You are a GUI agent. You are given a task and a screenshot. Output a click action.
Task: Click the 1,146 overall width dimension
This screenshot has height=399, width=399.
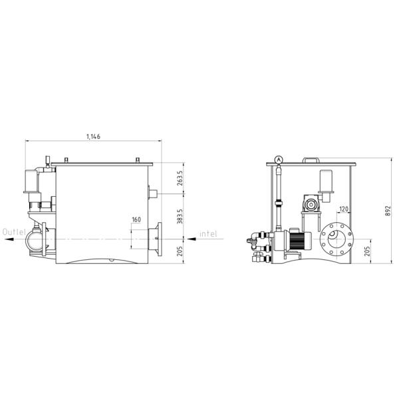[93, 136]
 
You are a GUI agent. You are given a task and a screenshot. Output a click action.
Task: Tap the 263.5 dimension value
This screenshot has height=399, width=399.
[180, 178]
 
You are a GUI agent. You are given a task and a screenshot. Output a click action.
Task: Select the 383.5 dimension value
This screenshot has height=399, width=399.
[180, 216]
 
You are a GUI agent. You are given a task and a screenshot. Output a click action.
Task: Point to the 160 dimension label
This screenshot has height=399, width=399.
[136, 219]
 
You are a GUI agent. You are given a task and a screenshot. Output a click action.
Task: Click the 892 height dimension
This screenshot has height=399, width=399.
[388, 211]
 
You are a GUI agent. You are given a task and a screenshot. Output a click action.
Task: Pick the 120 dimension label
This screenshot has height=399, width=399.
[344, 209]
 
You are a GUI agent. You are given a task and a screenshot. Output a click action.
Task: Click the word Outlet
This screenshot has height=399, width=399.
[14, 232]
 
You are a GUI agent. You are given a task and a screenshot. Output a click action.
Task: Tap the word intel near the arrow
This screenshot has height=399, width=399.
[208, 233]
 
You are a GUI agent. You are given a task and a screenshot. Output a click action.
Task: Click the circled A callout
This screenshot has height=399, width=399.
[279, 160]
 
